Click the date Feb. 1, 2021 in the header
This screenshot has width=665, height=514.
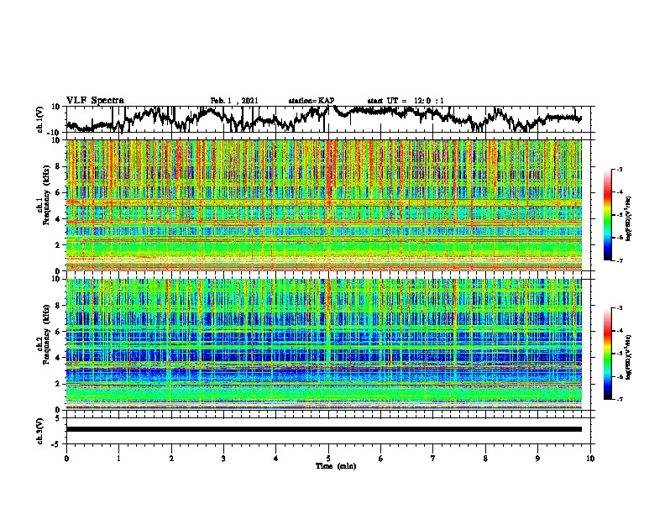tap(233, 101)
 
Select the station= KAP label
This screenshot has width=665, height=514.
tap(312, 101)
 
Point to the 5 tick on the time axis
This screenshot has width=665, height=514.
tap(328, 458)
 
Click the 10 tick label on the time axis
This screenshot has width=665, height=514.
tap(590, 458)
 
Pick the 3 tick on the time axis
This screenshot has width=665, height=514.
tap(223, 458)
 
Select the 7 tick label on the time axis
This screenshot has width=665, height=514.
tap(433, 458)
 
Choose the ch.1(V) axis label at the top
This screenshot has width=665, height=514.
tap(39, 119)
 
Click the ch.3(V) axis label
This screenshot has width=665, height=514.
tap(39, 429)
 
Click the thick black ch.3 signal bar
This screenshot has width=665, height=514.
tap(323, 429)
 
